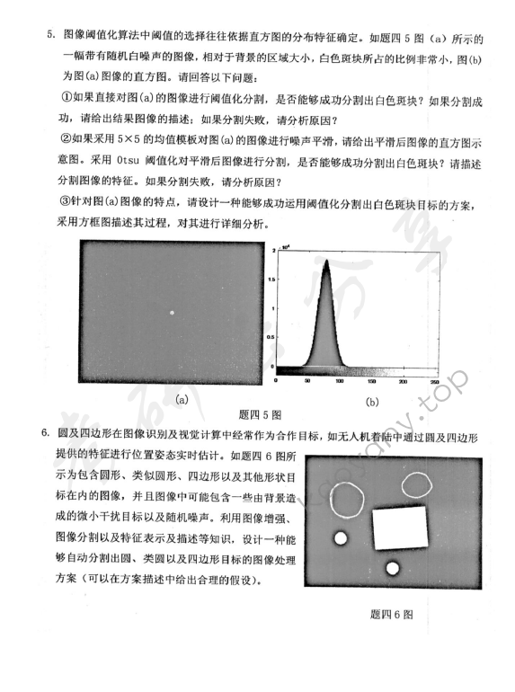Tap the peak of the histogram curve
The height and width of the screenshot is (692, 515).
(x=324, y=262)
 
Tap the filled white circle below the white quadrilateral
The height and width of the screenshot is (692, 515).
(x=392, y=568)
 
